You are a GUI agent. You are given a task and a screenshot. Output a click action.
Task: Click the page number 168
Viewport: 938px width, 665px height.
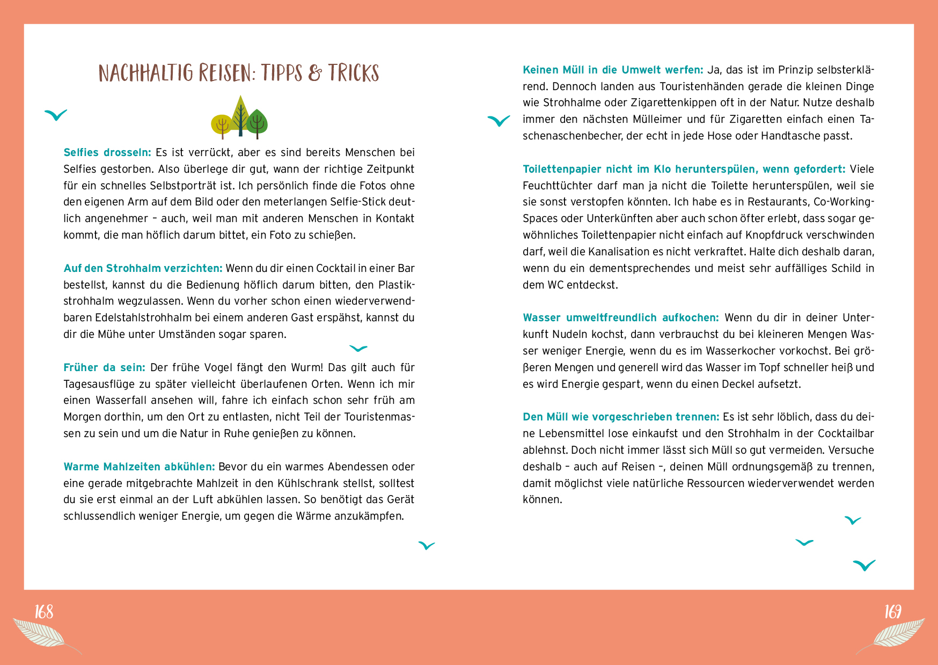(x=44, y=611)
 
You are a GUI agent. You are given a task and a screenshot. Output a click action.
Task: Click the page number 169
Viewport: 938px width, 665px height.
(x=893, y=611)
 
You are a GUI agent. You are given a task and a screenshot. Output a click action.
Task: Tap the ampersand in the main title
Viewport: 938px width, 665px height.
(x=316, y=73)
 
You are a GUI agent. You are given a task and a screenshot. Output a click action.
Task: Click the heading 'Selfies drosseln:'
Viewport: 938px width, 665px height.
(x=107, y=152)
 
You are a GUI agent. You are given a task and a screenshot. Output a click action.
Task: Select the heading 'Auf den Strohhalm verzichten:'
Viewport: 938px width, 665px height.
(x=143, y=268)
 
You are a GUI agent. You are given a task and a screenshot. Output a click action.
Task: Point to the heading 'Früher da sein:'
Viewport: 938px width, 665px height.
(x=104, y=367)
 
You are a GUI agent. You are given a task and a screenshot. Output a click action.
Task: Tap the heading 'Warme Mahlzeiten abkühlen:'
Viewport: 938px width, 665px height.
(x=139, y=467)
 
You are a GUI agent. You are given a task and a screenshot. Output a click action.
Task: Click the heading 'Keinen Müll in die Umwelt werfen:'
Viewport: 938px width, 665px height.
(x=613, y=70)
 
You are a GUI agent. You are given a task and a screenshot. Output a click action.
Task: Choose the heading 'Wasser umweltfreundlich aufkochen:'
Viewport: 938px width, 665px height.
(x=621, y=317)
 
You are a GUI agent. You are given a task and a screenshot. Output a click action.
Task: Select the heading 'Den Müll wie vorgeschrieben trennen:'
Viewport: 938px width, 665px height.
(x=621, y=417)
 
